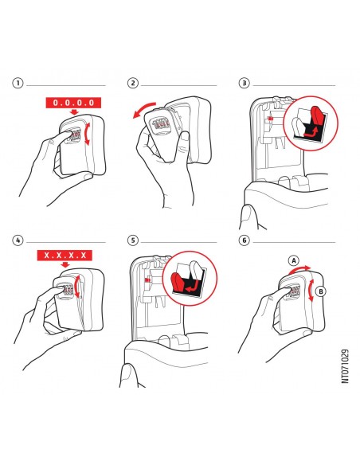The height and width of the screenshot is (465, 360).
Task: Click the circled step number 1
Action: pos(18,83)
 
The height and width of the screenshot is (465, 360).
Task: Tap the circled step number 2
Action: pos(132,83)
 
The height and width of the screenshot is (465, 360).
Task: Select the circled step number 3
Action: pos(244,83)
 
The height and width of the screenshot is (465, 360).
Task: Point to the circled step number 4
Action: pos(18,240)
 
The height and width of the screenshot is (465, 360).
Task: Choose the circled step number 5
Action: pos(132,240)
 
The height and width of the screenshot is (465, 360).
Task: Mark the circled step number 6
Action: pos(244,240)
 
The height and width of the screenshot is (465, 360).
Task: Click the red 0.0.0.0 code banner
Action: pos(73,103)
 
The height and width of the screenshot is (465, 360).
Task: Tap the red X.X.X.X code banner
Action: pos(65,255)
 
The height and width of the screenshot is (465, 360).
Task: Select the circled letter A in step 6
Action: pos(294,260)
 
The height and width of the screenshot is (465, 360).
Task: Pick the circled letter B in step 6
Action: pos(320,291)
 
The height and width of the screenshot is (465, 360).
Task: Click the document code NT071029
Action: pos(345,366)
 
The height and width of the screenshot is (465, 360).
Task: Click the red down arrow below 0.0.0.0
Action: pos(74,111)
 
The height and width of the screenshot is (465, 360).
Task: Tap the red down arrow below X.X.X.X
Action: pos(65,264)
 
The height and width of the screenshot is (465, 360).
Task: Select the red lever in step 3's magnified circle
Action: pos(316,119)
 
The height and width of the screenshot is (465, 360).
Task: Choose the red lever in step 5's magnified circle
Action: pos(178,283)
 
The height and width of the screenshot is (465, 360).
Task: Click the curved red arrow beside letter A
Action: pos(299,268)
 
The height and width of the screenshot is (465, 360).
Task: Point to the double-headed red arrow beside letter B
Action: pos(311,291)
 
